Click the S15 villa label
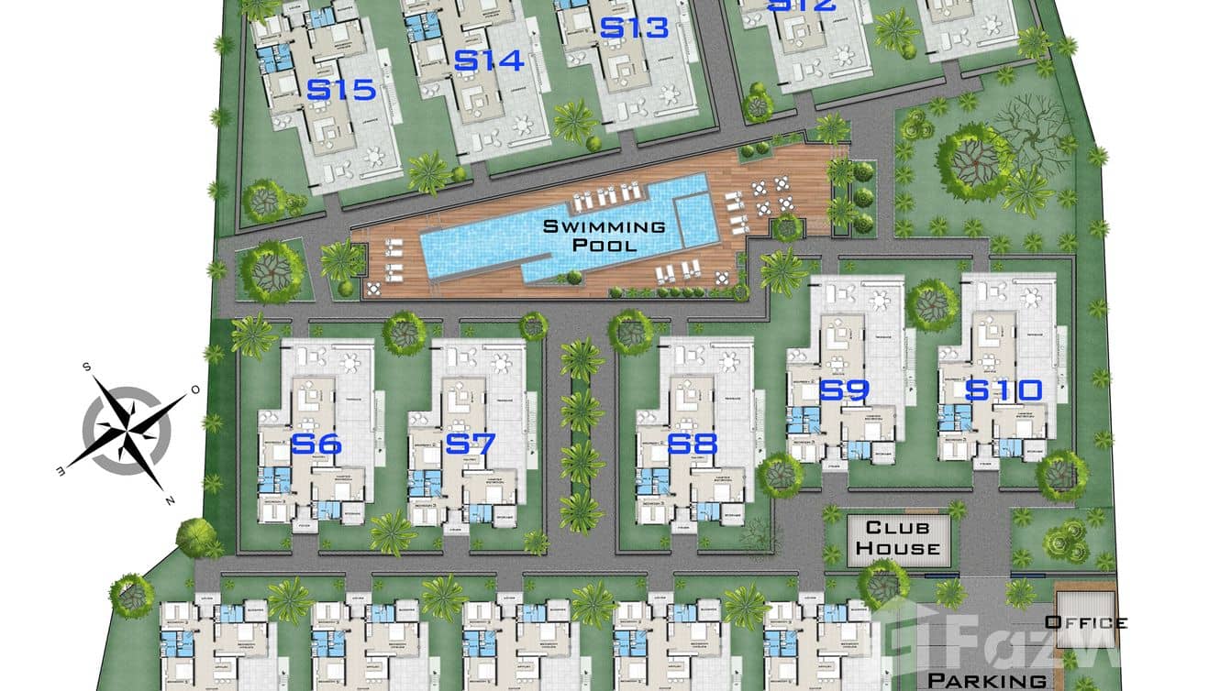(x=341, y=90)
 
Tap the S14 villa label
(x=489, y=60)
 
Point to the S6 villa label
(x=316, y=445)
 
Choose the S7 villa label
(x=470, y=445)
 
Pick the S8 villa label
(x=692, y=445)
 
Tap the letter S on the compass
(x=87, y=367)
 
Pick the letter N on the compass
(x=169, y=499)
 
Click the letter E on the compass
(x=61, y=471)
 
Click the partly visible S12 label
(x=802, y=5)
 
